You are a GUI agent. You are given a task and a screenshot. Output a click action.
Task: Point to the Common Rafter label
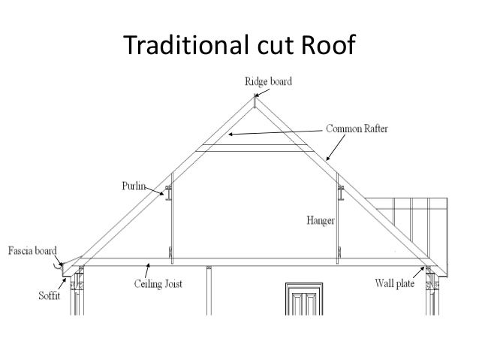click(357, 129)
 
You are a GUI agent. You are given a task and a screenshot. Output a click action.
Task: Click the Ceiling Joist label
click(159, 284)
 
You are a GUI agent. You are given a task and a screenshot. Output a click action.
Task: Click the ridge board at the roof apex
click(255, 105)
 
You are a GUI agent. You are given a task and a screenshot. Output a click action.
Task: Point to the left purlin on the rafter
click(170, 194)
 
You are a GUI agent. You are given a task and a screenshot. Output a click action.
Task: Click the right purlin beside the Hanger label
click(340, 194)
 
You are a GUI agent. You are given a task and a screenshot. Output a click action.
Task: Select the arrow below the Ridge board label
click(255, 92)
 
